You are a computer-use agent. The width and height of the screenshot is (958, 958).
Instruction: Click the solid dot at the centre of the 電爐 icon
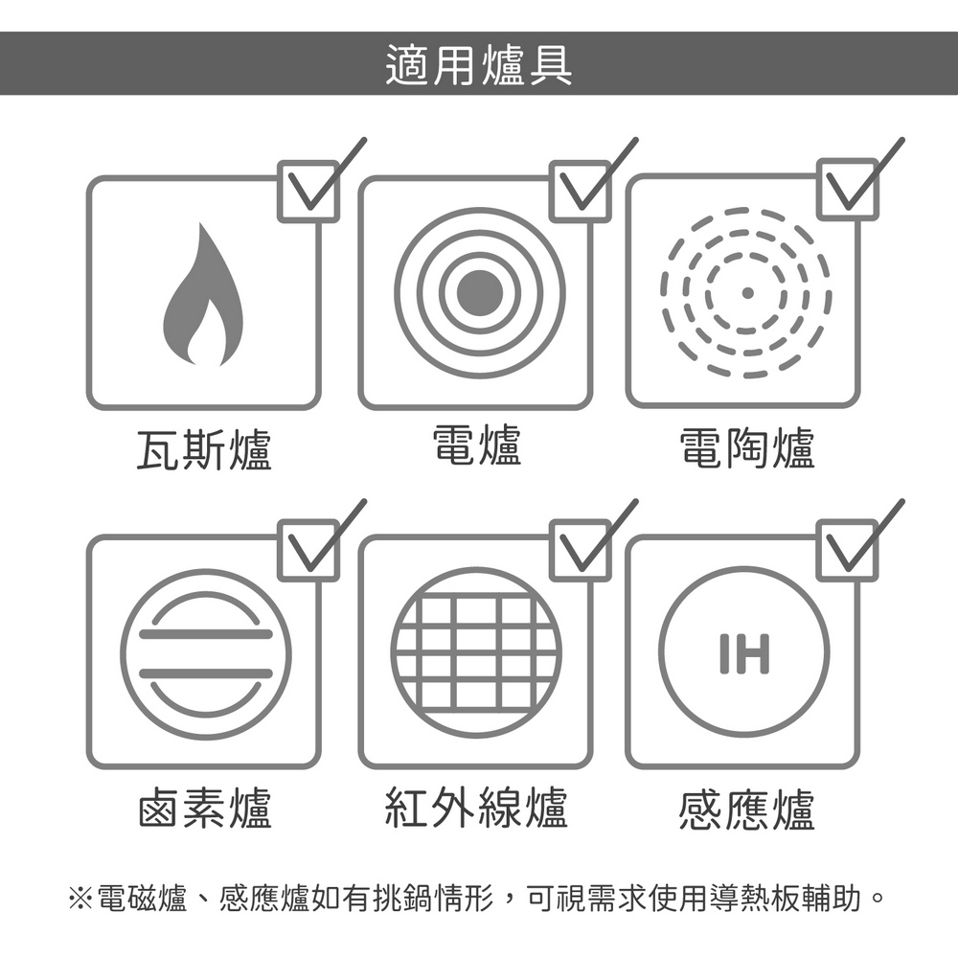480,292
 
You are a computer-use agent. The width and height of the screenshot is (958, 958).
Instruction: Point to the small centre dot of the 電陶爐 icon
746,292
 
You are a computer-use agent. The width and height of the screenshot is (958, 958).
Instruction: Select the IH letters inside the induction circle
744,653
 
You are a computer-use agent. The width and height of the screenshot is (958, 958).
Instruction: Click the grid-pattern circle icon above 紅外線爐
476,652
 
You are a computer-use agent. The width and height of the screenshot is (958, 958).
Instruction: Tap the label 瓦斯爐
204,449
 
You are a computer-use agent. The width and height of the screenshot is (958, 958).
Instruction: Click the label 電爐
476,446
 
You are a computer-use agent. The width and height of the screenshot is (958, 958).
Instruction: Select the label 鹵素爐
204,808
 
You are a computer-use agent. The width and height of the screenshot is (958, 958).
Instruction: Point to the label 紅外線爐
476,808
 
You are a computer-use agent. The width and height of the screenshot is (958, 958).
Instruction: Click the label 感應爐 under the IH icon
746,810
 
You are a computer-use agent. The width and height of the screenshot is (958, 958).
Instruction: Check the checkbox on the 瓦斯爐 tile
308,192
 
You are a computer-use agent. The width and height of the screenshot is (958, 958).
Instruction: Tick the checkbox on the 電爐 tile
580,192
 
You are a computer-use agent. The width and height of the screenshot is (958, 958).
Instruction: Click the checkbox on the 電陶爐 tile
848,190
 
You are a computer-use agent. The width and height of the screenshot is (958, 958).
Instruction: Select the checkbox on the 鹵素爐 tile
308,551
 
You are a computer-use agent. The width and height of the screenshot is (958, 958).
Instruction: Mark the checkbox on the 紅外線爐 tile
580,551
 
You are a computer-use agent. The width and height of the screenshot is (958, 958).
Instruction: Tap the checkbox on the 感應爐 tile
848,551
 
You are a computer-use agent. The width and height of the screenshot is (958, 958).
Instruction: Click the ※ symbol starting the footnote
80,899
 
